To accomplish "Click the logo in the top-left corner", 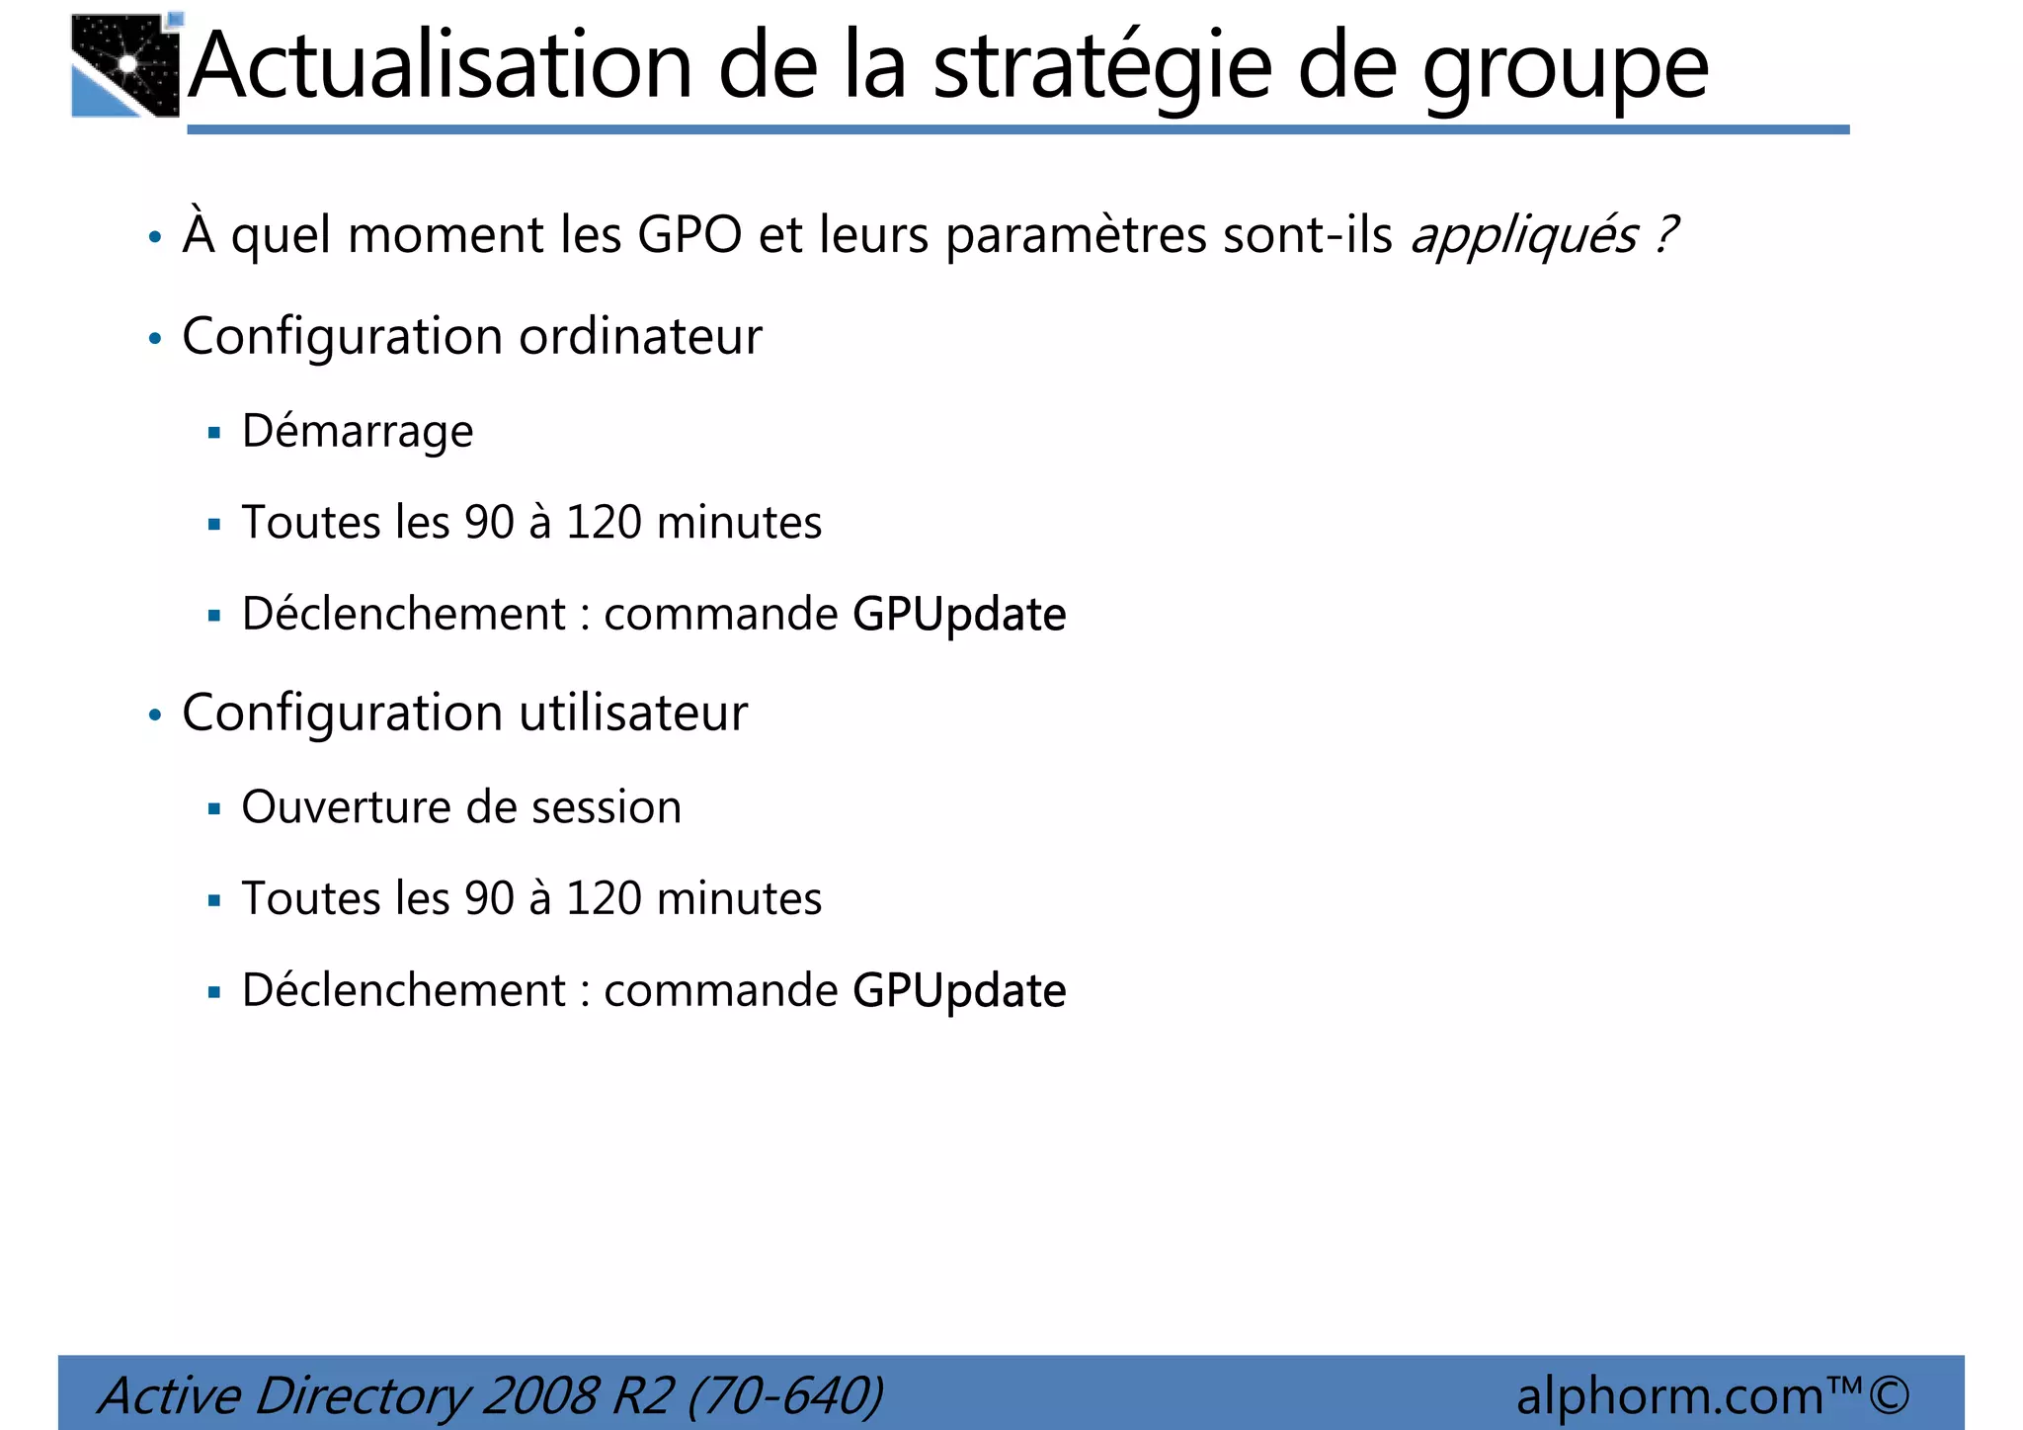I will [x=126, y=66].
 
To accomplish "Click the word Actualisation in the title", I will [x=441, y=66].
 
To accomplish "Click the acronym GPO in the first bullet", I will [x=689, y=235].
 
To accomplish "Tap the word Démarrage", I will [x=358, y=432].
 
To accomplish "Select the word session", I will [x=607, y=807].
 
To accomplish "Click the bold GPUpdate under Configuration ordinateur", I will [x=959, y=616].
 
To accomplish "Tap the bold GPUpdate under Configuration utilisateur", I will [x=959, y=991].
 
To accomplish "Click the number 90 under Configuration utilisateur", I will [x=489, y=899].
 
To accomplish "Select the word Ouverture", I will [x=346, y=807].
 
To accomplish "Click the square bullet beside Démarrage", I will [x=214, y=432].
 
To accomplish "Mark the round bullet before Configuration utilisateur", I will [x=154, y=715].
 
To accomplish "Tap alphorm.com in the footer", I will [x=1669, y=1396].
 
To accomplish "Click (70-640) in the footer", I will [x=784, y=1396].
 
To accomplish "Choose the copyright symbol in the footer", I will [x=1888, y=1394].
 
